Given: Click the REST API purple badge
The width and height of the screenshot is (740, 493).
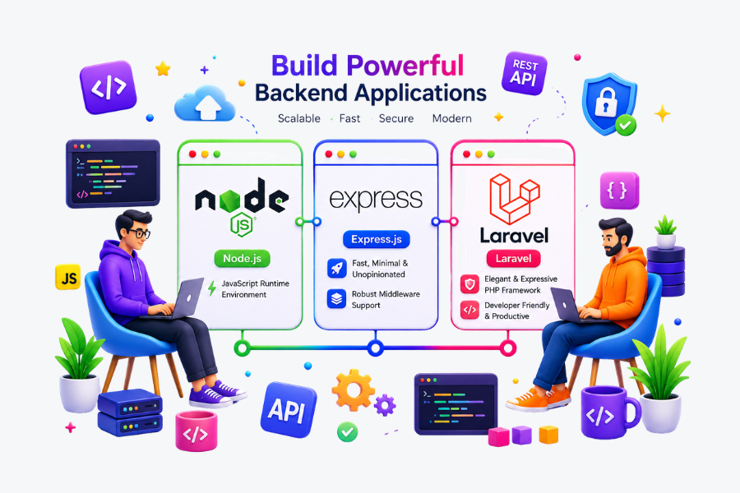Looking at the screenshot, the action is pos(525,73).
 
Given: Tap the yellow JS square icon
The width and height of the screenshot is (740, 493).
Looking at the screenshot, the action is pos(68,277).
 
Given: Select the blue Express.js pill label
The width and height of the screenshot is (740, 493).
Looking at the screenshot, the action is pos(376,239).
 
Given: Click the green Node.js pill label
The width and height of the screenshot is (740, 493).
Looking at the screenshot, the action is pos(242,259).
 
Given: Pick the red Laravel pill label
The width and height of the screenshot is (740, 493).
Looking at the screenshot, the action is pos(513,259).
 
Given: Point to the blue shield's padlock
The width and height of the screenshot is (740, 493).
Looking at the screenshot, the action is pos(606,103).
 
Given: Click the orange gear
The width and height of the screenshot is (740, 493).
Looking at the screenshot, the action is pos(353,389).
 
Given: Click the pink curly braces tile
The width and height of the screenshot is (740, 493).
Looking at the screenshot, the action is pos(619,190).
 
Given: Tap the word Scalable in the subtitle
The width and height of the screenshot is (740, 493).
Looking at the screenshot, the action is pos(298,118).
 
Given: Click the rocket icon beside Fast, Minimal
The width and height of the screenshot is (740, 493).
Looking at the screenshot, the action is pos(336,269).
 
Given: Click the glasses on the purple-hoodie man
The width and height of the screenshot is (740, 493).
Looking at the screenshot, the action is pos(138,233).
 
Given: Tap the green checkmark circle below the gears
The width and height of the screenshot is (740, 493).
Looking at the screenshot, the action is pos(347,431).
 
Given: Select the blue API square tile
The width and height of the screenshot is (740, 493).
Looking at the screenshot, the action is pos(289,409).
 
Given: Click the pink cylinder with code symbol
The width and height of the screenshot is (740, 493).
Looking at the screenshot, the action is pos(197,431).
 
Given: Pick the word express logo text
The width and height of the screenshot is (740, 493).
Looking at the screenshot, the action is pos(376,200).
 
